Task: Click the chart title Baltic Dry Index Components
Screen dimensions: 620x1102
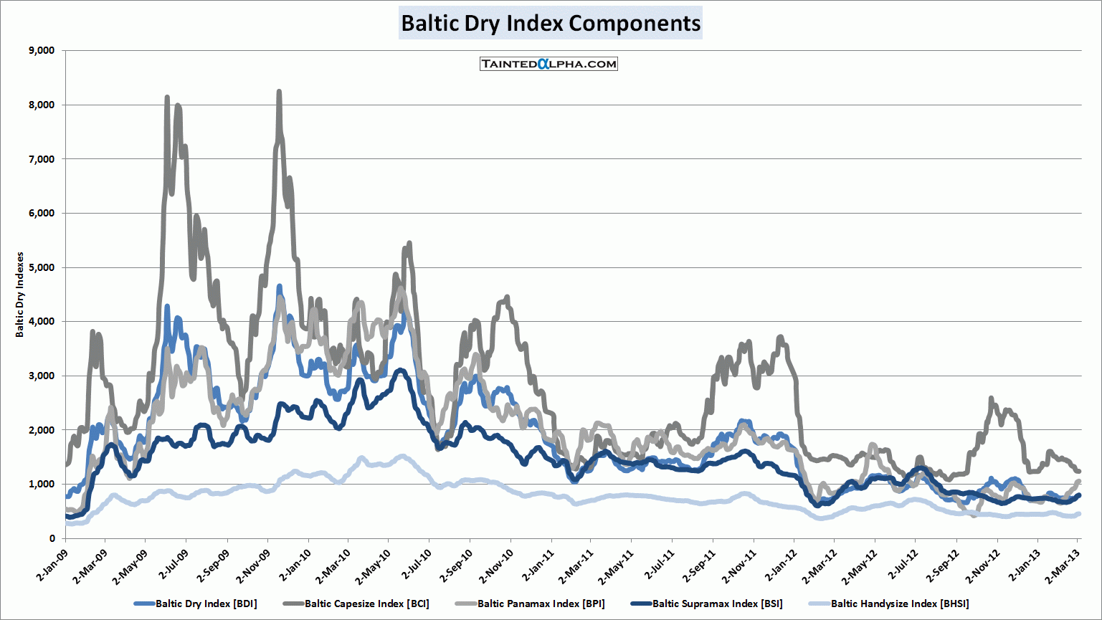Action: coord(551,23)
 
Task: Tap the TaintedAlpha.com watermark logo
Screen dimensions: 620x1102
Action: coord(548,64)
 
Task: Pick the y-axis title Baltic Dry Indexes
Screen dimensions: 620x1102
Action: coord(20,295)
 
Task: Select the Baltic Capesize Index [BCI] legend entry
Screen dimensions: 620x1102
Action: coord(366,604)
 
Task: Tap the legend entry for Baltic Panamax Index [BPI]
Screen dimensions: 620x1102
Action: coord(541,604)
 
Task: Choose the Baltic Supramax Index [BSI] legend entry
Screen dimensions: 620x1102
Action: coord(717,604)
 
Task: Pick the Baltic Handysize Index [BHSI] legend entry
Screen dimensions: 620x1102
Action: coord(899,604)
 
